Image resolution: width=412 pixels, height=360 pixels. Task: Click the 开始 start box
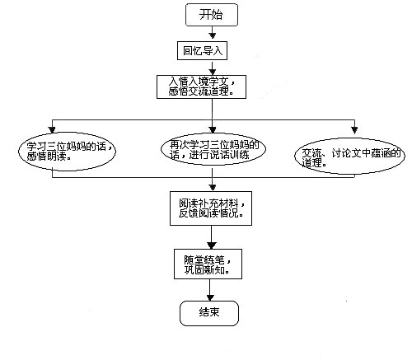(x=212, y=15)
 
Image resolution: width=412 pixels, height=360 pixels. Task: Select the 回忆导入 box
(x=202, y=50)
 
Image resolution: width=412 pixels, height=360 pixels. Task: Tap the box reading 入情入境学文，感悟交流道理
(x=201, y=86)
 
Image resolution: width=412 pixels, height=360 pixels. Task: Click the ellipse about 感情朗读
(x=68, y=152)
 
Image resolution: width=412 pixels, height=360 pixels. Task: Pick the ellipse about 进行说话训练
(x=213, y=149)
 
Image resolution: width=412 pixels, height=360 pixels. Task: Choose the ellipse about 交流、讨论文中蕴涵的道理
(x=349, y=156)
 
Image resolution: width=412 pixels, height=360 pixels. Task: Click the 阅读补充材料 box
(x=211, y=208)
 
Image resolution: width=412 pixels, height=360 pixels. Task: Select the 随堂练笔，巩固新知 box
(x=208, y=264)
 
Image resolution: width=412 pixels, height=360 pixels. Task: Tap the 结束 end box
(x=209, y=313)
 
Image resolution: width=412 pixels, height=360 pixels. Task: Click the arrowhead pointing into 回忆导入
(x=212, y=36)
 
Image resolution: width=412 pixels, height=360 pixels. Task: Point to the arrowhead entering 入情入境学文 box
(x=212, y=72)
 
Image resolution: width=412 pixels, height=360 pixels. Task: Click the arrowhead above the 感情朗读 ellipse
(x=52, y=129)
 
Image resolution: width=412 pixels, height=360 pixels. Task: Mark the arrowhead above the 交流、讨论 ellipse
(x=354, y=130)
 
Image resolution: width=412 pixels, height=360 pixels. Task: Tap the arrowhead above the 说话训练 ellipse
(x=213, y=129)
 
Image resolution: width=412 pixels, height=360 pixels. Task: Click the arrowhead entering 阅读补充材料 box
(x=213, y=188)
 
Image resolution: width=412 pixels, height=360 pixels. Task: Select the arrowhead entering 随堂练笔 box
(x=211, y=245)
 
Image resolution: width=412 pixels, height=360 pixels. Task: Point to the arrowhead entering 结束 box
(x=210, y=297)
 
